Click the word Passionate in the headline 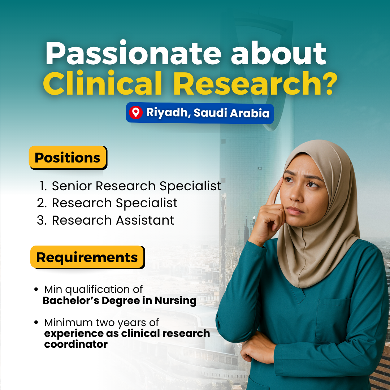click(133, 53)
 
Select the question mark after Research click(329, 83)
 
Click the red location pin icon click(135, 112)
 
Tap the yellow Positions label click(68, 157)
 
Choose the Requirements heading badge click(87, 257)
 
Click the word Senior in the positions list click(72, 186)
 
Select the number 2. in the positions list click(42, 203)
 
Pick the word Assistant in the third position click(145, 220)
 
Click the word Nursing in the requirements click(175, 301)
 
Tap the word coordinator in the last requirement click(76, 344)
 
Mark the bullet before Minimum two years click(36, 322)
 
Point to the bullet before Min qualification click(36, 289)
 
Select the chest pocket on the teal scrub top click(334, 321)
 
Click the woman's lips click(295, 211)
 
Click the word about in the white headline click(278, 53)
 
